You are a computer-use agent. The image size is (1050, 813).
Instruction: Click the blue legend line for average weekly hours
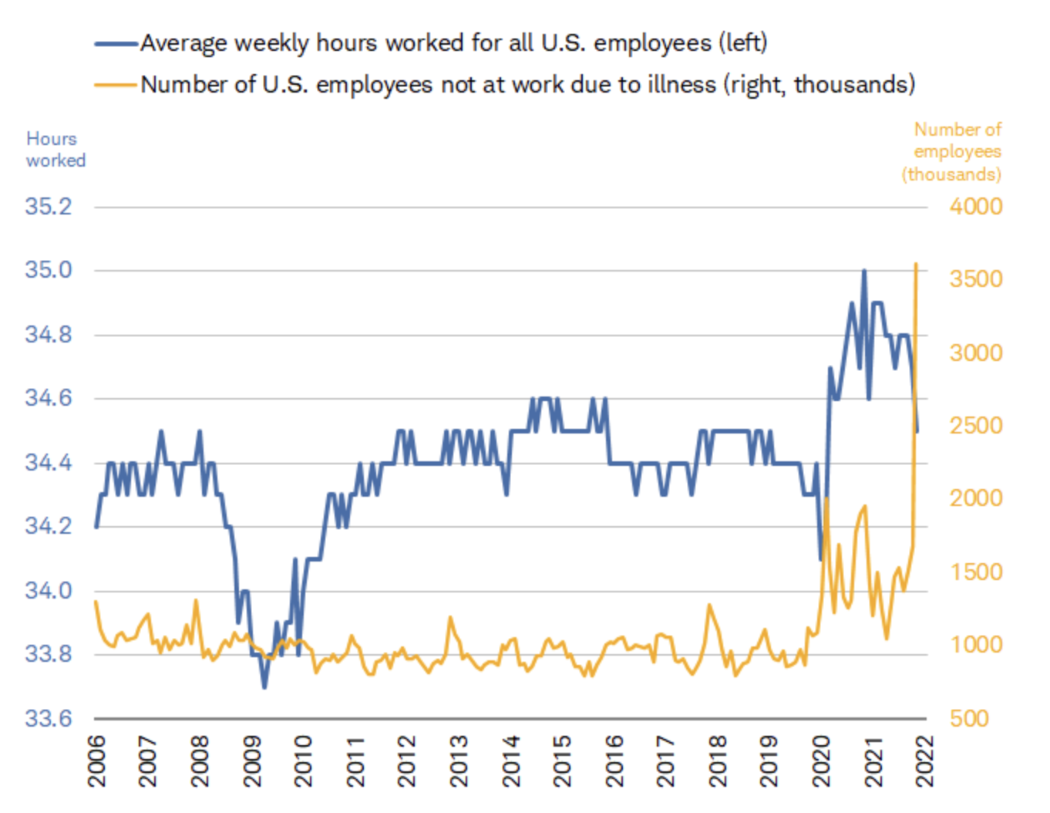tap(116, 44)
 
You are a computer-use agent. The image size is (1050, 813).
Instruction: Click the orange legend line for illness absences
tap(116, 85)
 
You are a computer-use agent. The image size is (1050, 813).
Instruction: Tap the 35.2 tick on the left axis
tap(48, 207)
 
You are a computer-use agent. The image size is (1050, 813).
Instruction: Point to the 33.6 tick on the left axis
tap(48, 719)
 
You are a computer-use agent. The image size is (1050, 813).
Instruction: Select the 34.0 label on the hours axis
tap(48, 591)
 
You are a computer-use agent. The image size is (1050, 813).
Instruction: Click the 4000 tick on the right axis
tap(976, 207)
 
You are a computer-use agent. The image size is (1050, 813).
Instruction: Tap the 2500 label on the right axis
tap(976, 426)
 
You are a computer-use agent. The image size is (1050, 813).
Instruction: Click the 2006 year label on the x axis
tap(97, 761)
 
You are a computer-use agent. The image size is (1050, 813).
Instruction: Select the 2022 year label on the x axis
tap(925, 761)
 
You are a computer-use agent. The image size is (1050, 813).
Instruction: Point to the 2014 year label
tap(511, 761)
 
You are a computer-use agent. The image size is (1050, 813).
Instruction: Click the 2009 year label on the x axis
tap(253, 761)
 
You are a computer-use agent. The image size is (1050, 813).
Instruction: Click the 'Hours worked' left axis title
tap(56, 150)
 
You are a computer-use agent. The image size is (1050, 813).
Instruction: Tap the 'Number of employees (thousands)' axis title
tap(953, 152)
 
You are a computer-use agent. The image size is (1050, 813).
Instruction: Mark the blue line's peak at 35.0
tap(864, 271)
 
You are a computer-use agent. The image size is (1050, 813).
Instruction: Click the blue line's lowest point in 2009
tap(264, 686)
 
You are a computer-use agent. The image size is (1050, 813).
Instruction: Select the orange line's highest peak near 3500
tap(916, 264)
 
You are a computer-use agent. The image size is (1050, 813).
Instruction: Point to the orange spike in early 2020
tap(826, 498)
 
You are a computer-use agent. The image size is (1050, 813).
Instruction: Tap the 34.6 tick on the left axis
tap(48, 399)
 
